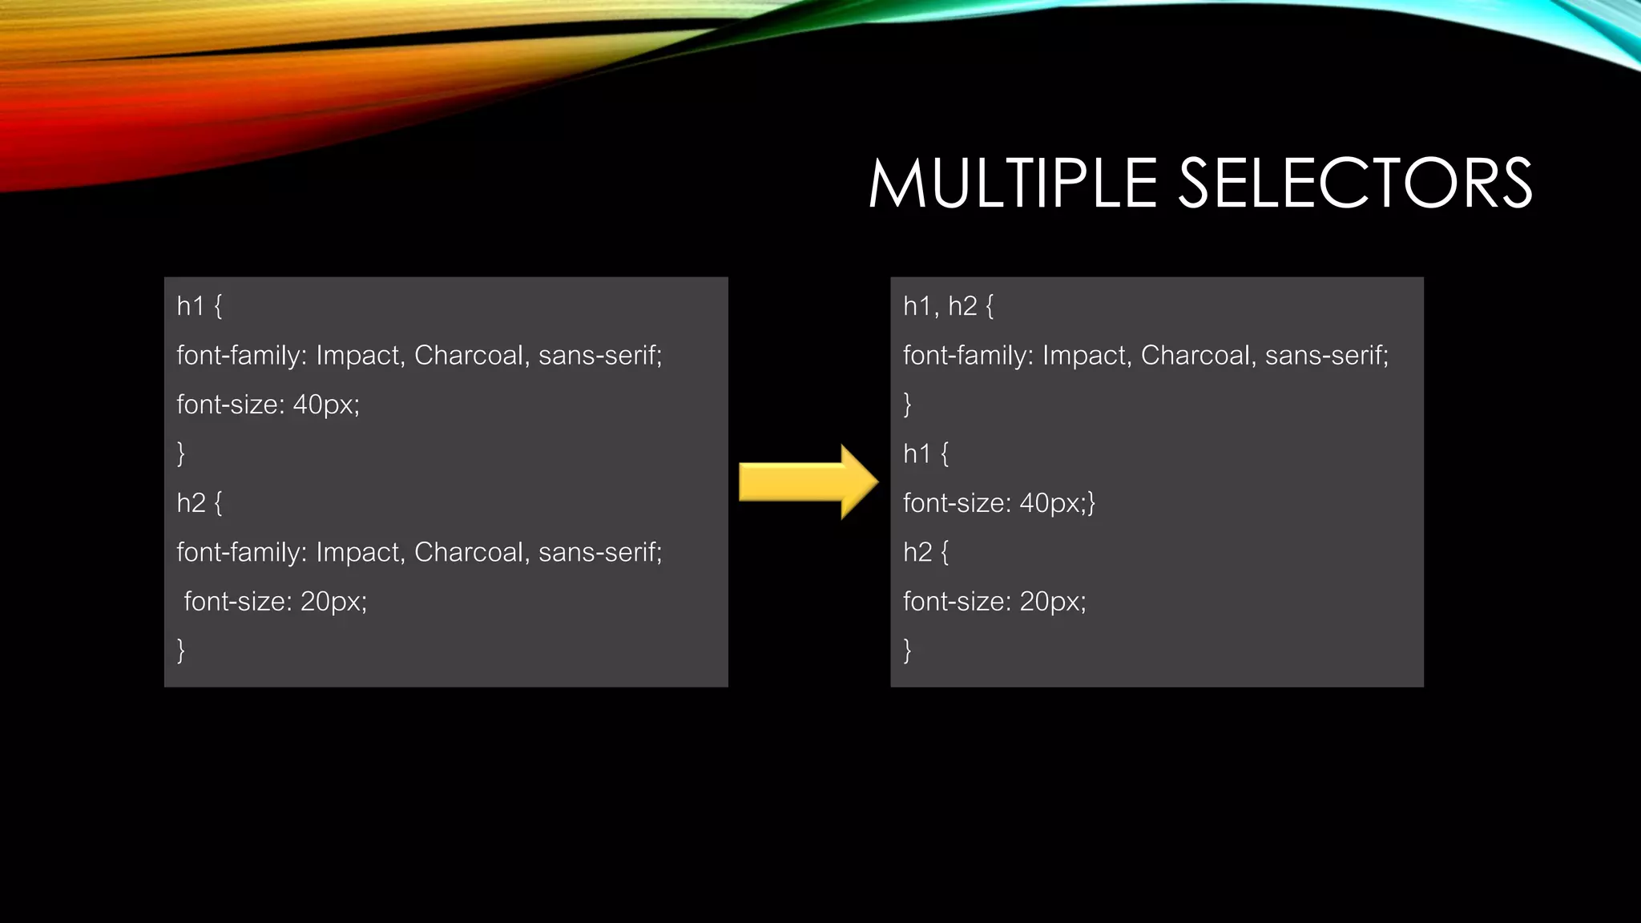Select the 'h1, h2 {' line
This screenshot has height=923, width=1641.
point(948,306)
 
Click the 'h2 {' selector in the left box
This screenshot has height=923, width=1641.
point(199,503)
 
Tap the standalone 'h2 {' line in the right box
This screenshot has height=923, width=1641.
point(925,552)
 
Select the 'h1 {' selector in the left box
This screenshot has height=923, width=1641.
point(199,306)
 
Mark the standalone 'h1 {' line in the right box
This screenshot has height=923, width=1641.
point(925,454)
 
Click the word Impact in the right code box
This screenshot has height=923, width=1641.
point(1087,356)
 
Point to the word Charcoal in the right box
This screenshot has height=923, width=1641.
point(1195,356)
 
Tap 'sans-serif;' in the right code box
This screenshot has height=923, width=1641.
point(1326,356)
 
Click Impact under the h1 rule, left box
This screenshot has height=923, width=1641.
point(360,356)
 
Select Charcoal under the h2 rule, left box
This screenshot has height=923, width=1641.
point(469,552)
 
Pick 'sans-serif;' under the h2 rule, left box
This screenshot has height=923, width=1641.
point(600,552)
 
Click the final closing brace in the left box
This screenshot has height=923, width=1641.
point(181,650)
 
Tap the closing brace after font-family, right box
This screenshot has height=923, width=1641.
point(907,405)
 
